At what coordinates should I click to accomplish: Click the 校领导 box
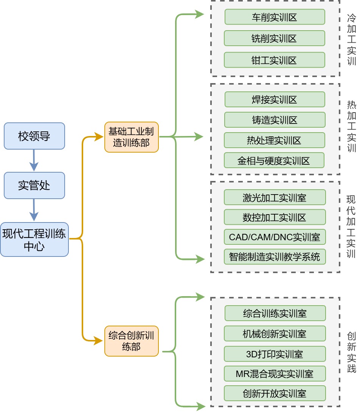tap(34, 136)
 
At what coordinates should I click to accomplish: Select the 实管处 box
tap(34, 185)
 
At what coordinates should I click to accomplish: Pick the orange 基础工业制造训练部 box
tap(131, 137)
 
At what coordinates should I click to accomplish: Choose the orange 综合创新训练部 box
tap(131, 341)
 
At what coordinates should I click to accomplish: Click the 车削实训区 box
tap(275, 17)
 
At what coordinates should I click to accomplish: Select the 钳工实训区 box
tap(275, 60)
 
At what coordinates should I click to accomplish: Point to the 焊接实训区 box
tap(275, 99)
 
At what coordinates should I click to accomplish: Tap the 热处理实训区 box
tap(275, 140)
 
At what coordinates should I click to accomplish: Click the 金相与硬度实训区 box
tap(274, 161)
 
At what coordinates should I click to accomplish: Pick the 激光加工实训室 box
tap(275, 197)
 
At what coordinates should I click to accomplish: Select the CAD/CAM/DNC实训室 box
tap(275, 237)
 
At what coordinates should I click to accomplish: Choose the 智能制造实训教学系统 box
tap(275, 257)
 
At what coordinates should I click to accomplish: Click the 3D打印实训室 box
tap(275, 354)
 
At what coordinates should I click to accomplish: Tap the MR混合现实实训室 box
tap(275, 374)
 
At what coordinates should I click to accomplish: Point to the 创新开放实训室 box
tap(275, 393)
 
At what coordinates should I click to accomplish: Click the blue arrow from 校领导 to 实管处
tap(34, 160)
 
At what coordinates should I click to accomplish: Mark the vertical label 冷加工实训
tap(351, 39)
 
